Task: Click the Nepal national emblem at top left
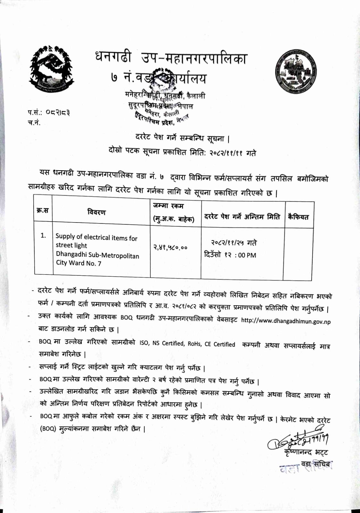[x=52, y=70]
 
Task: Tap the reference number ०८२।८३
[x=58, y=113]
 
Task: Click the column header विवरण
[x=96, y=212]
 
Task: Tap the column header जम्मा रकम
[x=168, y=206]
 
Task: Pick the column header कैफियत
[x=298, y=217]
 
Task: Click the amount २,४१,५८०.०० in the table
[x=170, y=247]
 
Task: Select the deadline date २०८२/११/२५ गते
[x=233, y=243]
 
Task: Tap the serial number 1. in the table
[x=43, y=236]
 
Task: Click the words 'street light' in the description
[x=71, y=246]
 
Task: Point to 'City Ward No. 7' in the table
[x=79, y=263]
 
